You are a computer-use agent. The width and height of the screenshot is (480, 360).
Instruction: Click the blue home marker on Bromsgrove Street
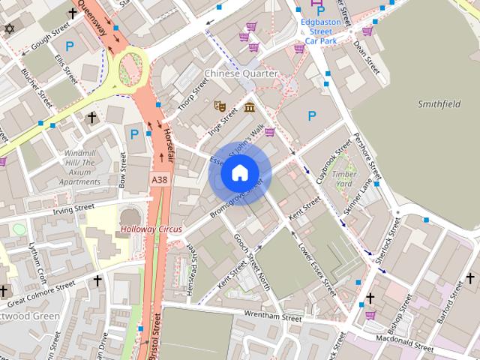coord(239,173)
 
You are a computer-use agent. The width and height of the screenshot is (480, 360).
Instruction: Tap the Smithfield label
coord(439,104)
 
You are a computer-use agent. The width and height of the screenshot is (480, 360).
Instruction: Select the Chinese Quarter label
coord(241,73)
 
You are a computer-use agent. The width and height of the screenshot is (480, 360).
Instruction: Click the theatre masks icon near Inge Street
coord(220,106)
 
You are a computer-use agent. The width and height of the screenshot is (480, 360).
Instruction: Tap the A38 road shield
coord(158,181)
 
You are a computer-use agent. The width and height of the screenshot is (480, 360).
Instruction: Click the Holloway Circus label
coord(152,228)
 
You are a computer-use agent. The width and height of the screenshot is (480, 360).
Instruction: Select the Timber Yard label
coord(344,178)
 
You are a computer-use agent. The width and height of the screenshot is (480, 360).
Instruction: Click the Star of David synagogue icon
coord(9,28)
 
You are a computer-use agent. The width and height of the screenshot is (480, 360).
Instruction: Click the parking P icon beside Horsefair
coord(134,134)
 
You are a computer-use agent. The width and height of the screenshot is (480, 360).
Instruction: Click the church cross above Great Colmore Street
coord(97,280)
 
